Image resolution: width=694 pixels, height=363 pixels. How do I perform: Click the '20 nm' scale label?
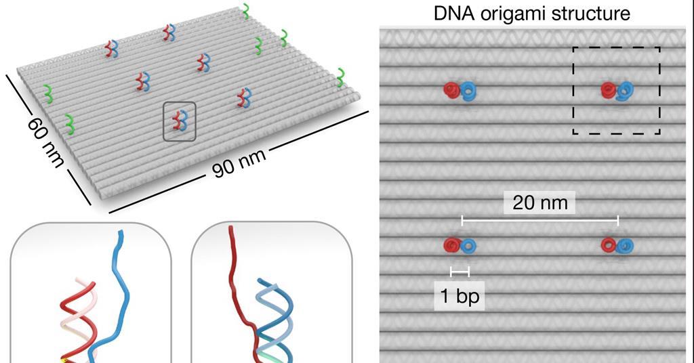[x=540, y=202]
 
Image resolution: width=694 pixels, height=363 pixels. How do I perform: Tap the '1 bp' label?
[x=460, y=297]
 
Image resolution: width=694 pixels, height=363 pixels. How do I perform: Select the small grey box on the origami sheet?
[x=180, y=121]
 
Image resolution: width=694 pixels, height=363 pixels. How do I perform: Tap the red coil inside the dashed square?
[x=607, y=89]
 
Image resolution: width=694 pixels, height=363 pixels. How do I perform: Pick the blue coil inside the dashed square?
[x=626, y=91]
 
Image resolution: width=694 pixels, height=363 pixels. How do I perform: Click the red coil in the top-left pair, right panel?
[x=451, y=89]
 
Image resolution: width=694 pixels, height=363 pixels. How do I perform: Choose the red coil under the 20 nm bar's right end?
[x=608, y=244]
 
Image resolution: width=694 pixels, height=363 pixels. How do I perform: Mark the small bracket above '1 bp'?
[x=460, y=272]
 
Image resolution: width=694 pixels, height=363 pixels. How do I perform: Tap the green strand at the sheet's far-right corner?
[x=341, y=77]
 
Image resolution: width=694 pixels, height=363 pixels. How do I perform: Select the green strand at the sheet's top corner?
[x=249, y=11]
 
